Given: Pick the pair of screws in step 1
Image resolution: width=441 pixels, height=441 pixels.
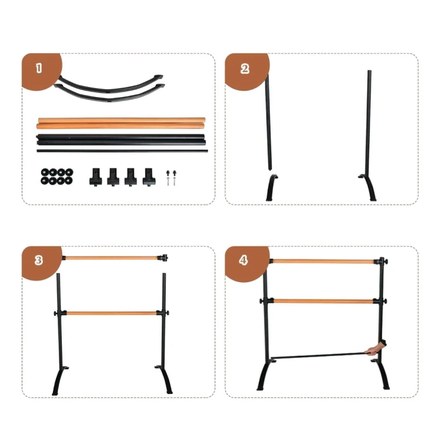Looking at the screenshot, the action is coord(171,178).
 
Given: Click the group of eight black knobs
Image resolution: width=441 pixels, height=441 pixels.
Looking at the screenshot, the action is coord(57,176).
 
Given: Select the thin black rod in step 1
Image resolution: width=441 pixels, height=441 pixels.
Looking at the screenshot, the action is coord(122,151).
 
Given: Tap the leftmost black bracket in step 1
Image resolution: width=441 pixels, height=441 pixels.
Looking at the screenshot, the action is coord(96,177).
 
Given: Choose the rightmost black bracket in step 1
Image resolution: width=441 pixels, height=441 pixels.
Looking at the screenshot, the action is coord(149,176).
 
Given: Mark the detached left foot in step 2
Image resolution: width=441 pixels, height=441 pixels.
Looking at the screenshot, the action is coord(272,188).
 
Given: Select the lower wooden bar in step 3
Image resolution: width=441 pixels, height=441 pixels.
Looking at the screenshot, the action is coord(111,313).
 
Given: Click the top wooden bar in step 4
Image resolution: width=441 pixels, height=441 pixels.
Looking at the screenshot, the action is coord(323,262).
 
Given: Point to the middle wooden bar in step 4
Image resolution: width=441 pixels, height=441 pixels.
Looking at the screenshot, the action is coord(323,302).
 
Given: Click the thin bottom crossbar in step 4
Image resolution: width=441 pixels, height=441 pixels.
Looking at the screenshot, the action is coord(319,356).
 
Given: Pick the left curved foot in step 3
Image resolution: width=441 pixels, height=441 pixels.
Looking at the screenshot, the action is coord(59,380).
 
